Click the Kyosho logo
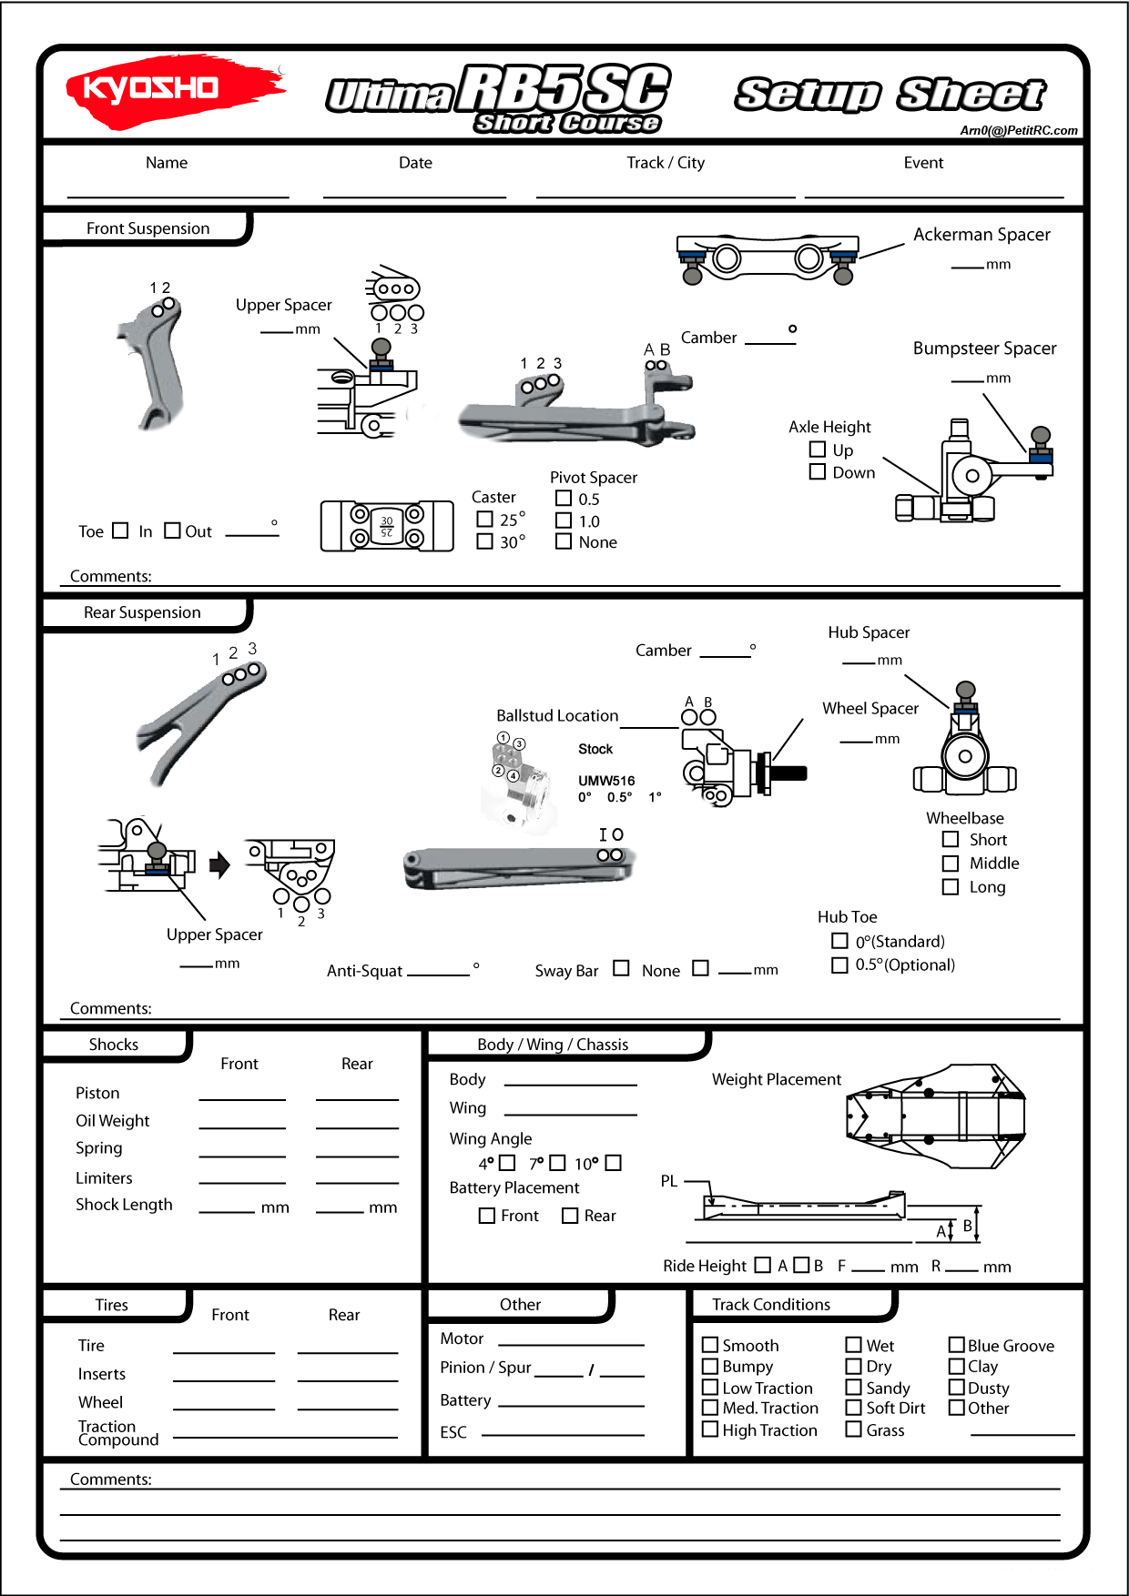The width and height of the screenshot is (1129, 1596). pos(173,89)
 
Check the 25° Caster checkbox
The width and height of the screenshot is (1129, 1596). pos(485,519)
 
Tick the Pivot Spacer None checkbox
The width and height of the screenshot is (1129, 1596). pos(564,541)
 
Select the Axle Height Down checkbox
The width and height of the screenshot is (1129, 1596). pos(818,471)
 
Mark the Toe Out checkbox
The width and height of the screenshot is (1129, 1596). pos(172,530)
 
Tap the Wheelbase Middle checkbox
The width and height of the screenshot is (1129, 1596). pos(951,863)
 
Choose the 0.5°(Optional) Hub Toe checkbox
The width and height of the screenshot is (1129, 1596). pos(839,965)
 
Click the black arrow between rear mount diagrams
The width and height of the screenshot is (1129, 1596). pos(219,864)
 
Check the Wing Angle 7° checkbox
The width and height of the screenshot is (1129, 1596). pos(557,1163)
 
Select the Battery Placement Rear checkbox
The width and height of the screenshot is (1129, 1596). pos(570,1216)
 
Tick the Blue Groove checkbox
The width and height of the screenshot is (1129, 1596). pos(957,1345)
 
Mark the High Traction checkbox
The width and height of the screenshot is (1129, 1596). pos(710,1429)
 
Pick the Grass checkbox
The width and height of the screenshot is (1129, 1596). pos(853,1429)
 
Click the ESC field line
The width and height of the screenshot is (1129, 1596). pos(563,1434)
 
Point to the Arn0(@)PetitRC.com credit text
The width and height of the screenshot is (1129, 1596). pos(1018,130)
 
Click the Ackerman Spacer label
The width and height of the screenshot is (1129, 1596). pos(982,235)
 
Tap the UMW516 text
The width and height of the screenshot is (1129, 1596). pos(606,781)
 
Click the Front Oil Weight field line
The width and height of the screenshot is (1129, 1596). pos(242,1126)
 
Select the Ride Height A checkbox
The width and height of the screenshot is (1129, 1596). pos(763,1265)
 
